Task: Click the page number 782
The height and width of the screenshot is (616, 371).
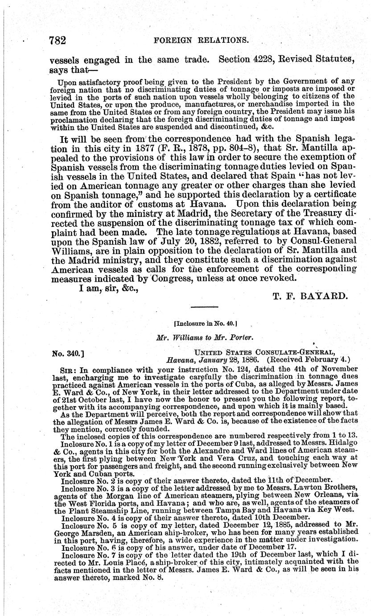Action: [58, 40]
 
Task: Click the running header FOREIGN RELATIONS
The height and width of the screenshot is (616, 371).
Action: [201, 40]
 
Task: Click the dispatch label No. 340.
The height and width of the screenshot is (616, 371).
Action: [68, 354]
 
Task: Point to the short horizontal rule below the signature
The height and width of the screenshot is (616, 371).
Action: [205, 307]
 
